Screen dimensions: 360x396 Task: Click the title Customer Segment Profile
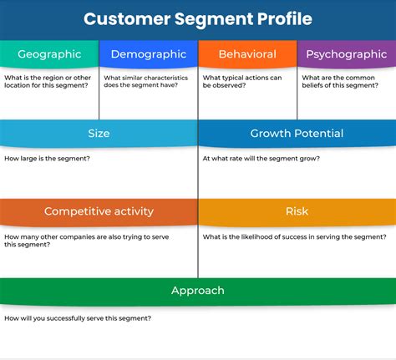[x=198, y=18]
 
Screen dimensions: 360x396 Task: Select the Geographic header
[x=50, y=54]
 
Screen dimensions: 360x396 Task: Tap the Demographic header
[x=148, y=54]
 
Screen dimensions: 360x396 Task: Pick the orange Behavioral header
[x=247, y=54]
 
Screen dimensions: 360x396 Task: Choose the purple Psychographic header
[x=346, y=54]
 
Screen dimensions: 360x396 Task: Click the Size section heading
[x=99, y=133]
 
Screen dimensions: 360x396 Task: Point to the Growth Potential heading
[x=297, y=133]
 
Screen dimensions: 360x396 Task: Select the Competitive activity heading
[x=99, y=211]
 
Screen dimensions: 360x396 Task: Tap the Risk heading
[x=297, y=211]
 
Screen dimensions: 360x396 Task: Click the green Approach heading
[x=198, y=290]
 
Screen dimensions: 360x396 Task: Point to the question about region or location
[x=48, y=82]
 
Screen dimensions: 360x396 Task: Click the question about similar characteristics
[x=147, y=82]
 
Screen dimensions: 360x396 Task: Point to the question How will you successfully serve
[x=78, y=318]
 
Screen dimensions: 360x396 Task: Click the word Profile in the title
[x=283, y=18]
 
